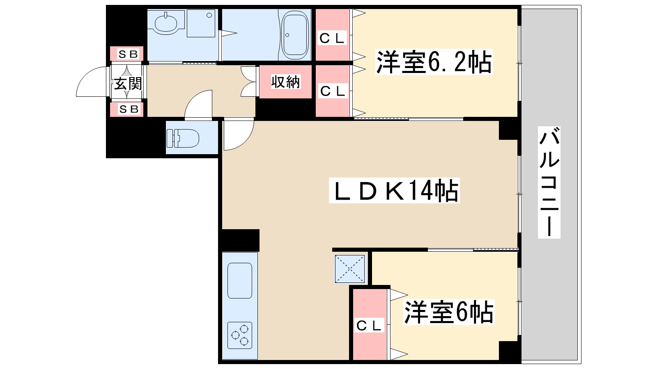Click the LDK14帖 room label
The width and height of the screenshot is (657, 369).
(394, 191)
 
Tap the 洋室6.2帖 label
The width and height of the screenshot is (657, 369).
(434, 62)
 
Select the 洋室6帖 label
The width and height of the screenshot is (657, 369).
(449, 312)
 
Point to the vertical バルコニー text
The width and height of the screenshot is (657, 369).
(549, 183)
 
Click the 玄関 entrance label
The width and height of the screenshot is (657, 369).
(127, 84)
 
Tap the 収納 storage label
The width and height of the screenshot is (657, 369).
(286, 82)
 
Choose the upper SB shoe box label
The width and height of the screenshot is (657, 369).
(128, 54)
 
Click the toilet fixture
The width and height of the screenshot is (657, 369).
(183, 138)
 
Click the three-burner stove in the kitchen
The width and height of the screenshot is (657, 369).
(240, 335)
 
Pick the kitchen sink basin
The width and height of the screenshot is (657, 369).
(240, 280)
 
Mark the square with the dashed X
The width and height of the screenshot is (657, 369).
(350, 269)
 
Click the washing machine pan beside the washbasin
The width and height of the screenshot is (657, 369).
(201, 23)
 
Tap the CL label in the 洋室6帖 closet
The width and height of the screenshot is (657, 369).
(369, 326)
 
